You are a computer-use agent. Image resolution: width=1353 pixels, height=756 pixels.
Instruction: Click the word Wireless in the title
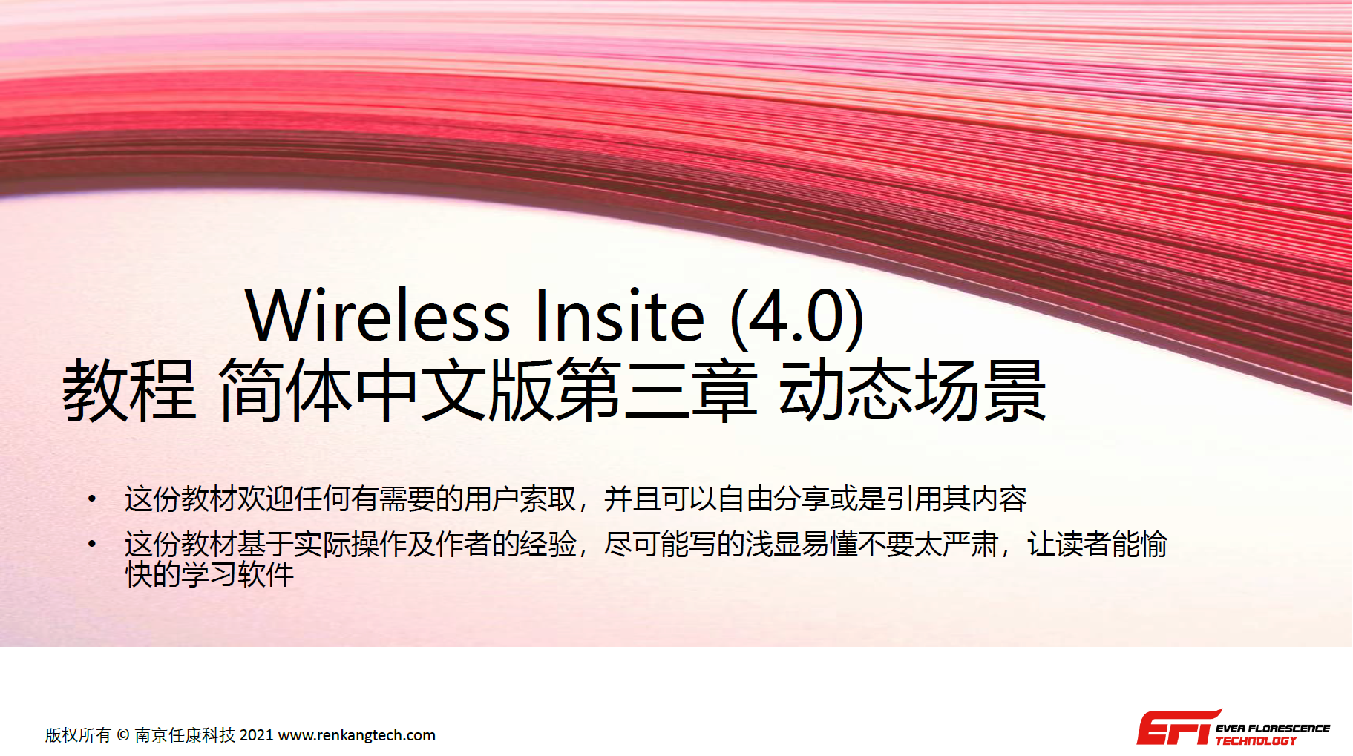[x=378, y=316]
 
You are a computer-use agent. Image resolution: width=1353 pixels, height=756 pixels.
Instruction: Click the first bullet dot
[x=92, y=499]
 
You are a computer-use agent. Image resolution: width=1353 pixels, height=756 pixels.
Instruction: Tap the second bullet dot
[x=92, y=544]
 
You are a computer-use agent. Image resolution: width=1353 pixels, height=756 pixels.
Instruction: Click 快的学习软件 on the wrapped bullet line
[x=210, y=574]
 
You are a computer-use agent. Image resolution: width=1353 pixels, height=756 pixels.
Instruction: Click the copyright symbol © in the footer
[x=122, y=735]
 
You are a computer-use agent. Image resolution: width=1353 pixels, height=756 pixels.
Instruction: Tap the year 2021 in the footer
[x=257, y=735]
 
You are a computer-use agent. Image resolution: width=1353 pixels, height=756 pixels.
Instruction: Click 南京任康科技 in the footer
[x=185, y=735]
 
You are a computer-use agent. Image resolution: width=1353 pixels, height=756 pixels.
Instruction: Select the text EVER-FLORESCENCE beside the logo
[x=1273, y=729]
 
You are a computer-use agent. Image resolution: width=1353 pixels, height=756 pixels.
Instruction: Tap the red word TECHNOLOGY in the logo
[x=1256, y=740]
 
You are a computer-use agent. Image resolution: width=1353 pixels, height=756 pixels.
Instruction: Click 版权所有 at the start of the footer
[x=78, y=735]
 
